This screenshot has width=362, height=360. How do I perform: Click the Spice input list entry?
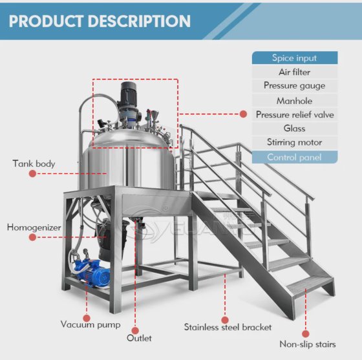[295, 58]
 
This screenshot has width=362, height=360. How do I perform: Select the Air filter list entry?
[295, 72]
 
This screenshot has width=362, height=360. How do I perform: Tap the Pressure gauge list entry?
[295, 86]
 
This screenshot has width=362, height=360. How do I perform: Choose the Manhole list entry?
[295, 101]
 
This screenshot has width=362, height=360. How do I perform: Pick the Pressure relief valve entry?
[295, 114]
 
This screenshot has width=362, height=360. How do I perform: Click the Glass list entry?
[295, 129]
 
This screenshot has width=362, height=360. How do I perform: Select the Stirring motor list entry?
[295, 142]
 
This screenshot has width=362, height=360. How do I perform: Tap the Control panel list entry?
[295, 157]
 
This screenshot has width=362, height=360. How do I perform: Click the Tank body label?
[34, 164]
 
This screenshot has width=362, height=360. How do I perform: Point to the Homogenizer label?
[34, 228]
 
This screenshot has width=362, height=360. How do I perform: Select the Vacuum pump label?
[90, 324]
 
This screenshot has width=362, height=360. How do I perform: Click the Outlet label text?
[139, 338]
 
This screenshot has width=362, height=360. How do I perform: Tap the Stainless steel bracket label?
[228, 327]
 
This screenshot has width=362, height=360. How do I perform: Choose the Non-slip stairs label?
[308, 344]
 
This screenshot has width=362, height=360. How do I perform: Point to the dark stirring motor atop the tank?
[129, 94]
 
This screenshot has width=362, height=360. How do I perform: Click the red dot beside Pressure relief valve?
[243, 114]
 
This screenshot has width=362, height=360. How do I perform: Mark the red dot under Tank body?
[32, 174]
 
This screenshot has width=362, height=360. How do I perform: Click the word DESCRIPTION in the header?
[139, 21]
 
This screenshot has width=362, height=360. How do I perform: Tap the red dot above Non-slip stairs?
[305, 334]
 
